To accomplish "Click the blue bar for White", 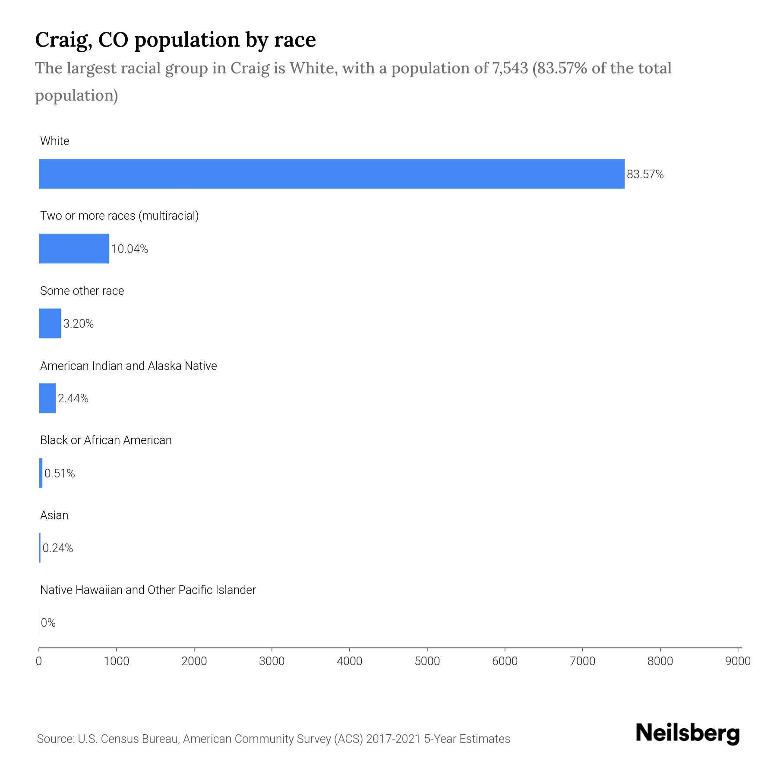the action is [332, 174].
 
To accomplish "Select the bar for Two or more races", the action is [74, 249].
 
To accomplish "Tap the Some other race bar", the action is [50, 323].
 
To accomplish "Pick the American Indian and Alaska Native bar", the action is [47, 398].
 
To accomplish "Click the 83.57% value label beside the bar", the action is [645, 174].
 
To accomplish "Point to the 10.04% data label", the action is [129, 249].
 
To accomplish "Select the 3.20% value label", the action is [79, 324].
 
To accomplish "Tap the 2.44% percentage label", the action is [73, 398].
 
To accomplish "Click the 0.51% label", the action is [60, 474].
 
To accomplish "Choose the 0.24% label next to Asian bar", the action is [58, 548].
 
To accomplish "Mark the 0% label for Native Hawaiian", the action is [48, 623].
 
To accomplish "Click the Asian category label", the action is [54, 515].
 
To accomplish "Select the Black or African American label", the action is [106, 440].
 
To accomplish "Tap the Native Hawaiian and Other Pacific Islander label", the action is [148, 590].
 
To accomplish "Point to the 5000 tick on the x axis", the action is [427, 661].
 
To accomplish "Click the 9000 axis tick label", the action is [738, 661].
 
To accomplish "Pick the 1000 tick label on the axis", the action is [117, 661].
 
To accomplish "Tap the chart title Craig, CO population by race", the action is [176, 40].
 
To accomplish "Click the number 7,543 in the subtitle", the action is [510, 68].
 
